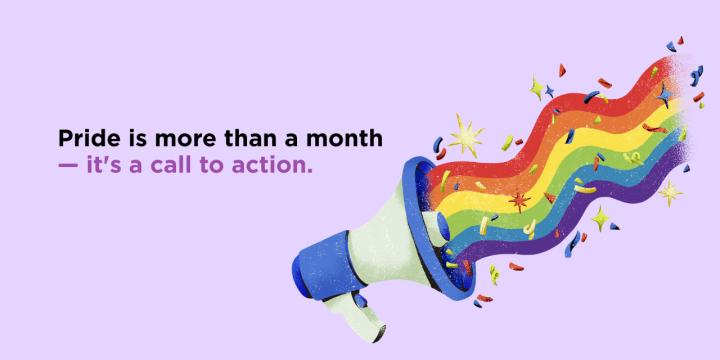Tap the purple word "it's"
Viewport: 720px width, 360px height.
(103, 163)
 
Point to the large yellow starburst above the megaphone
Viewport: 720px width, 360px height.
(463, 134)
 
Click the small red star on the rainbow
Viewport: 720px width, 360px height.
(518, 201)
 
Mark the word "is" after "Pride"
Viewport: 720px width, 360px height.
(126, 138)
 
